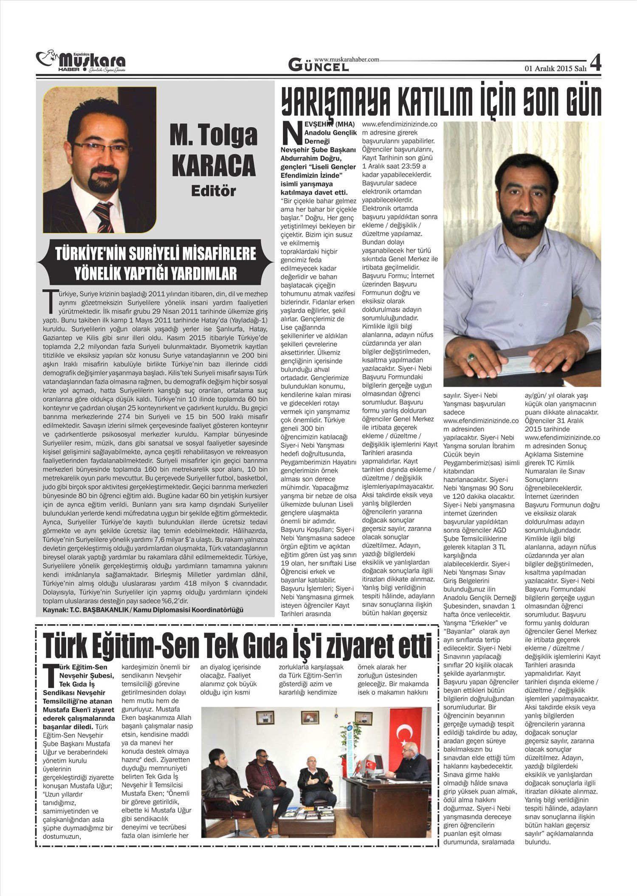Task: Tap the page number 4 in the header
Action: pyautogui.click(x=595, y=64)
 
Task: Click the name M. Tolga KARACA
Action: pyautogui.click(x=213, y=150)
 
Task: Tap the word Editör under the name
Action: pyautogui.click(x=213, y=191)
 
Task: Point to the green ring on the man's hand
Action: pyautogui.click(x=471, y=358)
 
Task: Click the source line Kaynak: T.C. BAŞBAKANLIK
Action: pyautogui.click(x=143, y=610)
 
